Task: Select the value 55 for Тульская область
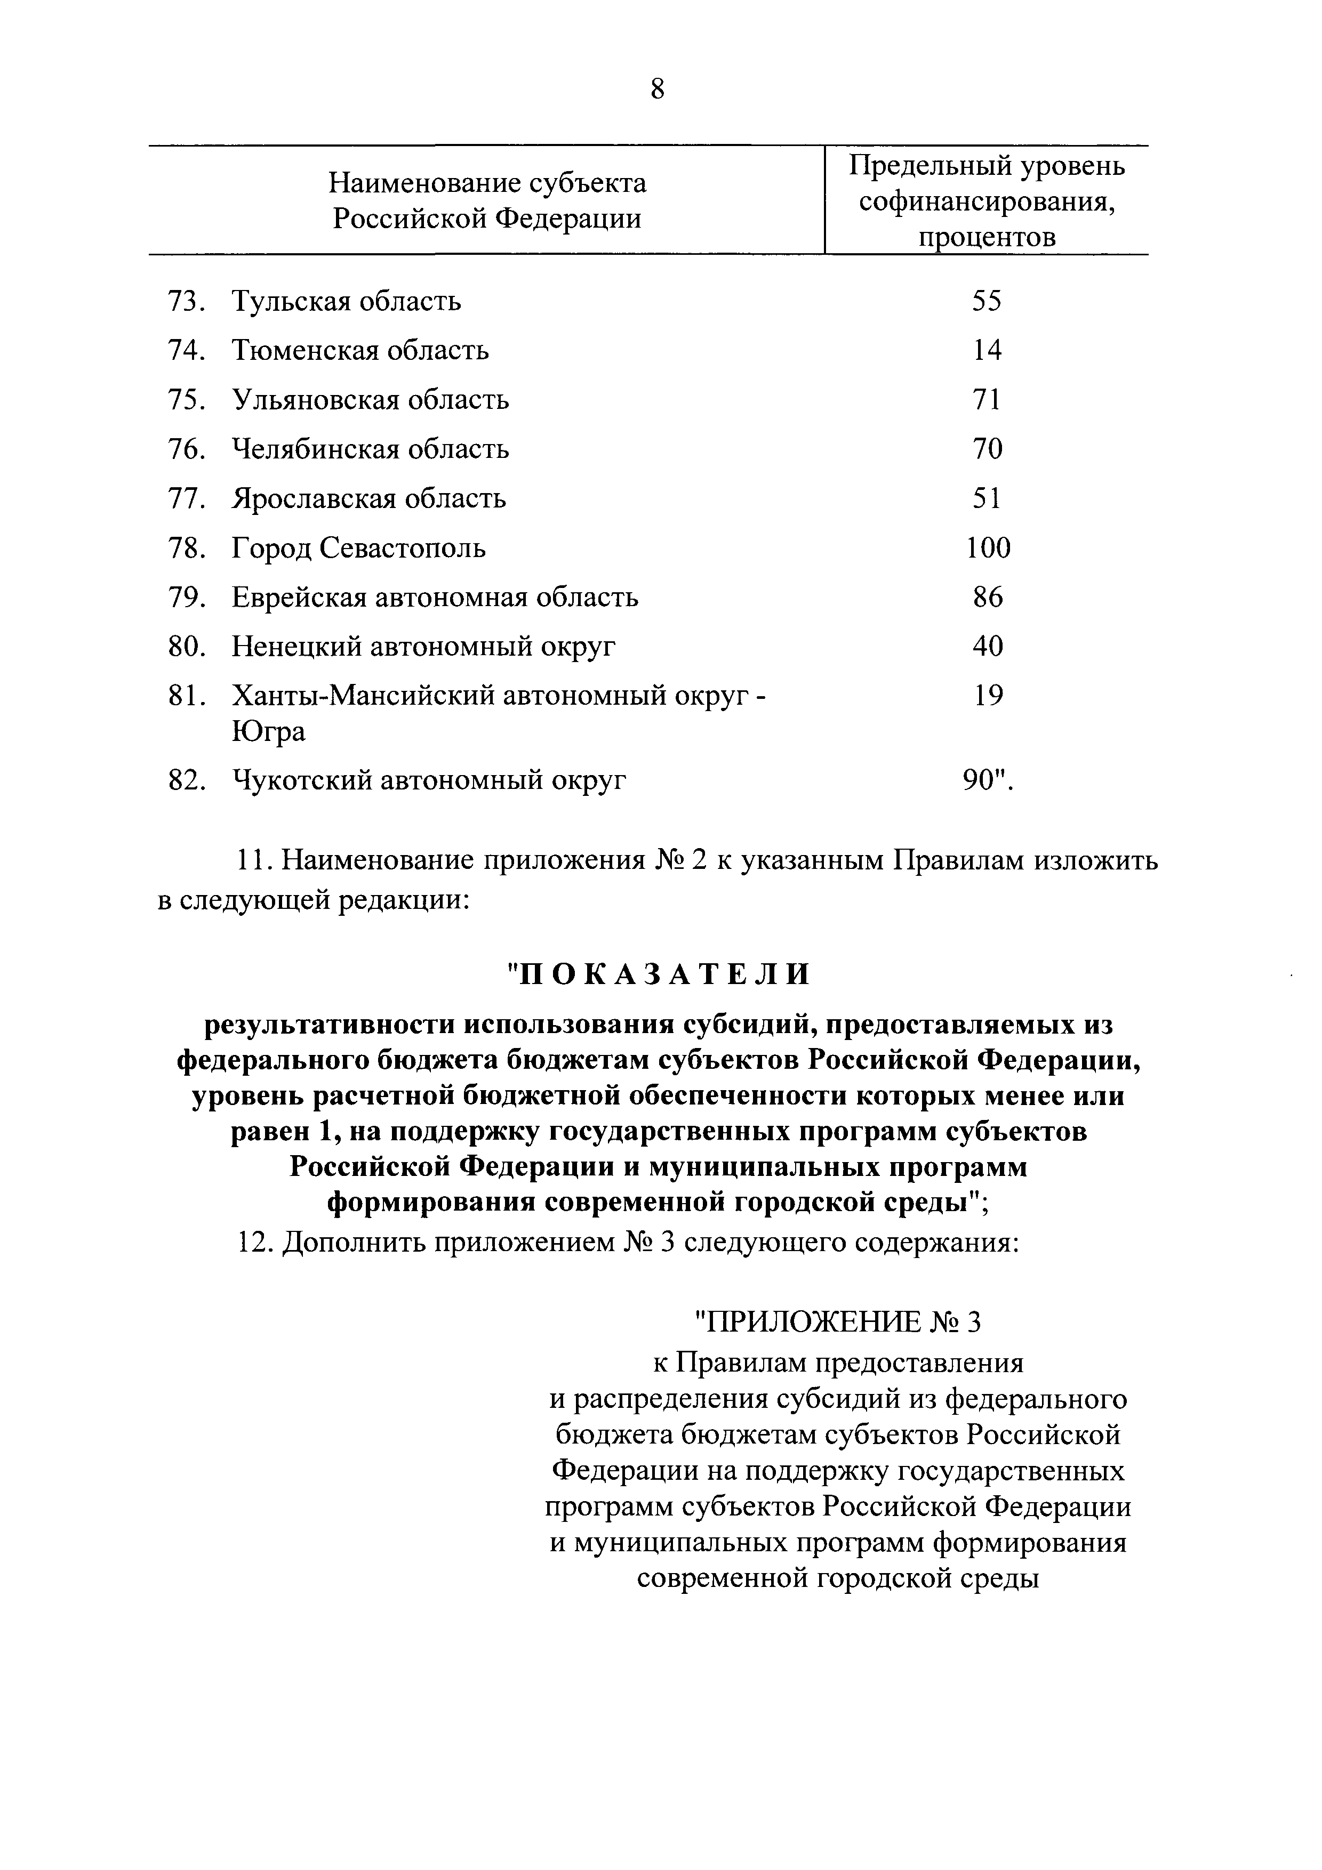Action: (987, 301)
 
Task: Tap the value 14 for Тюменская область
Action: (987, 350)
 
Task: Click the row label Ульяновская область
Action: (371, 400)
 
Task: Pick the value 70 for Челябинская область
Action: (987, 449)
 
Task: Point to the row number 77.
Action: (186, 498)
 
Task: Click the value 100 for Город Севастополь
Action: (988, 547)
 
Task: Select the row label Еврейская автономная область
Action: (435, 598)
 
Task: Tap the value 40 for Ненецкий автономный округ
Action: (987, 646)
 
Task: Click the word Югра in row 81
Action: (269, 731)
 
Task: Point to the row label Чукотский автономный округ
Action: (429, 780)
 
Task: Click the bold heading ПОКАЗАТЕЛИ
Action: (660, 973)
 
